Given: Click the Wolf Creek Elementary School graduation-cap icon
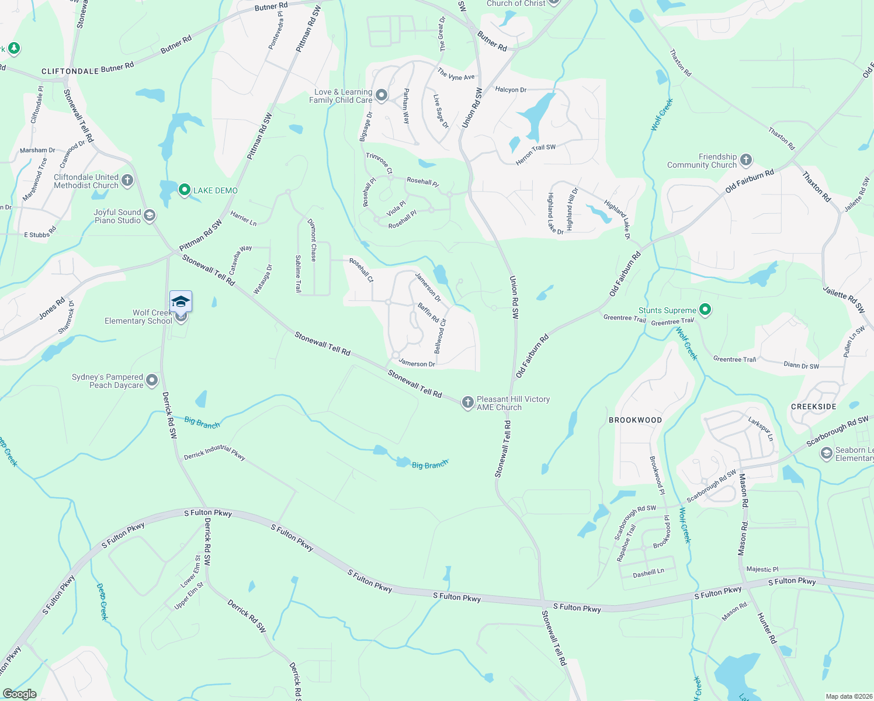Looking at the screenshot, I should [x=181, y=301].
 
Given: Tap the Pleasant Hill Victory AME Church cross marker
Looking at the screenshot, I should [x=467, y=402].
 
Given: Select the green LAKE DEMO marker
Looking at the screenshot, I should [x=185, y=190].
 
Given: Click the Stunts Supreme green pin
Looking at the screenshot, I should [x=705, y=310].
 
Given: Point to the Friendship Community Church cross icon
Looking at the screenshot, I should [x=745, y=159].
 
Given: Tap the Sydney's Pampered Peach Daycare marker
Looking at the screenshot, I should [x=152, y=380].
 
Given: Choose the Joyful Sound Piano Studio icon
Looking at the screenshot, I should [x=150, y=216].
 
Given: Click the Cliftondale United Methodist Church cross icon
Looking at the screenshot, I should [x=127, y=181].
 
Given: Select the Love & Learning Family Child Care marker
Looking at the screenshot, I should [x=381, y=95].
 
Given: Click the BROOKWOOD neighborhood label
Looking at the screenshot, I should [x=635, y=420].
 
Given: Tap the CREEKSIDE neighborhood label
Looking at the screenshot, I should [x=813, y=407].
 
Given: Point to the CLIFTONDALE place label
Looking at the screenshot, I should [x=70, y=71].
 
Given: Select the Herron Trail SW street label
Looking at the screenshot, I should [x=535, y=154].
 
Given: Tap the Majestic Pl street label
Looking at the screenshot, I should [x=762, y=569].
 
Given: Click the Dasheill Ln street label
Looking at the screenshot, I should [x=648, y=574].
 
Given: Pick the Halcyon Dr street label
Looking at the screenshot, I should [x=511, y=90].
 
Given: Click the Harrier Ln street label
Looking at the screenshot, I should [x=244, y=218].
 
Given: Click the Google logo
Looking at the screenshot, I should [x=20, y=694].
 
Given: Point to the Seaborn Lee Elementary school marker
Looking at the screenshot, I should [x=826, y=453].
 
